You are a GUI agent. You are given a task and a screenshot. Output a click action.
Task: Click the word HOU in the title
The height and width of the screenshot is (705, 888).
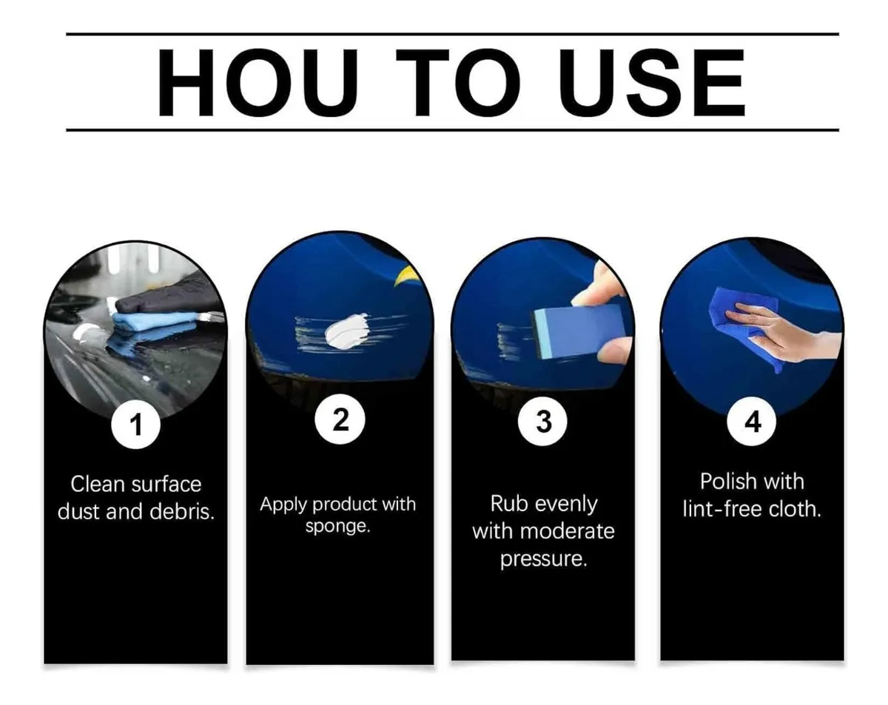click(x=258, y=83)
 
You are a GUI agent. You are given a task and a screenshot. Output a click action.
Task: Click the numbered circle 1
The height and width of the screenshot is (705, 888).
click(x=135, y=425)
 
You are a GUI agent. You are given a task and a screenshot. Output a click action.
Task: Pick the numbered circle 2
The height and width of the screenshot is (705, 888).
click(x=340, y=419)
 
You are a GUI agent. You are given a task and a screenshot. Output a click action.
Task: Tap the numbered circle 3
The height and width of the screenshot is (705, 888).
click(x=542, y=422)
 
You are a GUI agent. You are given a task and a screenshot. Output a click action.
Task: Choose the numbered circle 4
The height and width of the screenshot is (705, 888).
click(x=752, y=422)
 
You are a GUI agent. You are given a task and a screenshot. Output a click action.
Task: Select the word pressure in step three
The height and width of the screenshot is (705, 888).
click(x=543, y=559)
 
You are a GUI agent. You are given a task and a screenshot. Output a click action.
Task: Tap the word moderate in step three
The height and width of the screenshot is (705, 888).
click(x=568, y=531)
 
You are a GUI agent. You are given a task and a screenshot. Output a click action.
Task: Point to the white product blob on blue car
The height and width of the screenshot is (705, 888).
click(x=348, y=331)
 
